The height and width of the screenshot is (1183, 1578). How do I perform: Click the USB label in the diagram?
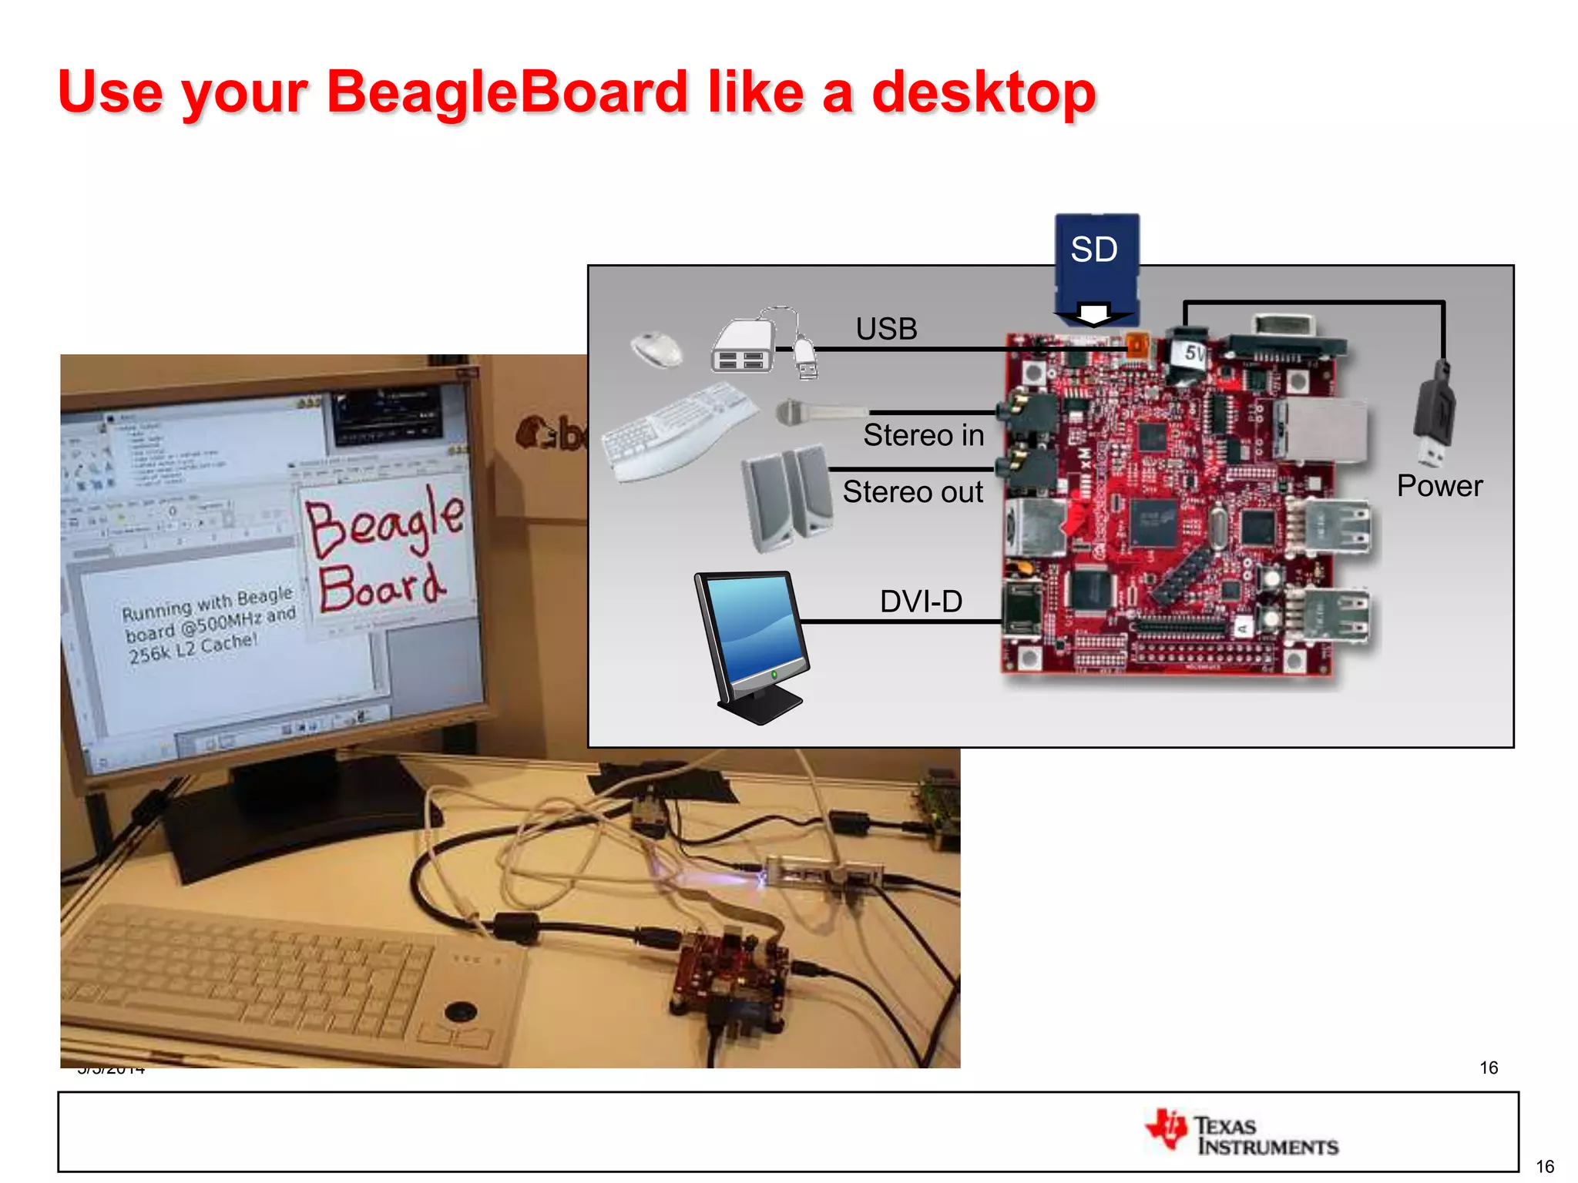click(x=886, y=330)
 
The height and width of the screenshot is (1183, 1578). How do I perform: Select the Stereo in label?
click(x=923, y=436)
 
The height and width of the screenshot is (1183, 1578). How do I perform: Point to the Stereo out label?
click(x=912, y=492)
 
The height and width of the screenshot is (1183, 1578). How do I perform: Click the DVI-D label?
click(x=921, y=602)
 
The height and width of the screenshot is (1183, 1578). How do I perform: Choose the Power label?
click(x=1439, y=486)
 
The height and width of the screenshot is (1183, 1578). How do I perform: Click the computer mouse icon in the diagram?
click(x=656, y=349)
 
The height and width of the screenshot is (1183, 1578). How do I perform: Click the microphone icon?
click(x=817, y=413)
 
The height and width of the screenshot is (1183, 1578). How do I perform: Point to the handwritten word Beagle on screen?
click(x=385, y=521)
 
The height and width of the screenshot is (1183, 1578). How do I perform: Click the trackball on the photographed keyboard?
click(x=461, y=1010)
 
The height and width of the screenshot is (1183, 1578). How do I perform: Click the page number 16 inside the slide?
click(x=1489, y=1067)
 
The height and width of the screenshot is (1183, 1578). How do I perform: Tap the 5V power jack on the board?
click(x=1188, y=354)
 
